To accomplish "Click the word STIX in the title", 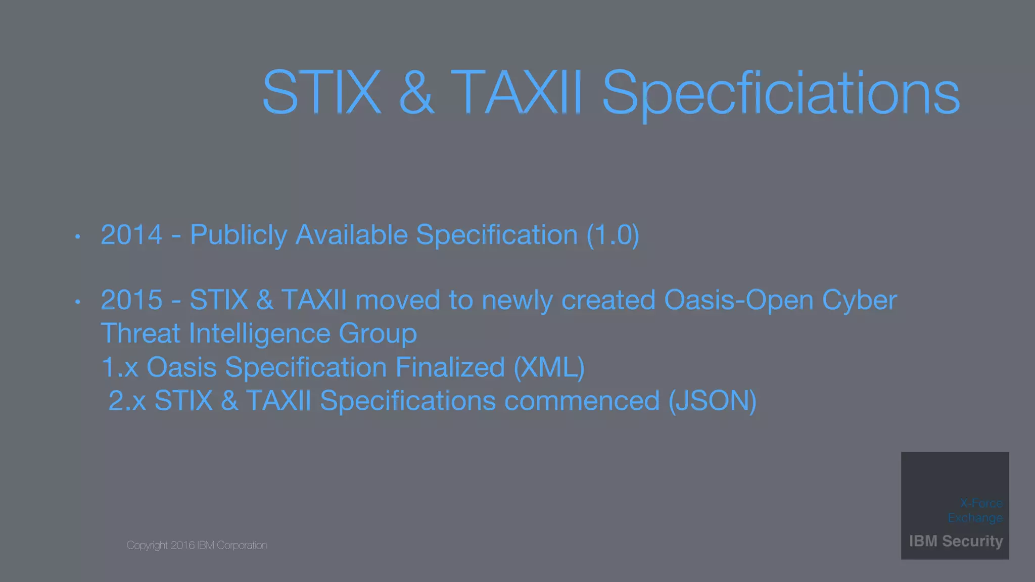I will point(321,93).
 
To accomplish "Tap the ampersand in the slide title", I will point(416,93).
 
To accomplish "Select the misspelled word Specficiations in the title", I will point(780,93).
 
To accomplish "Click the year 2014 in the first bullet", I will point(131,235).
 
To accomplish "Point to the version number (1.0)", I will point(613,235).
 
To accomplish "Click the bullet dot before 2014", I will point(77,236).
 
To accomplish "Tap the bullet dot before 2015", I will point(77,302).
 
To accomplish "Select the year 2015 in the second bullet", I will point(131,300).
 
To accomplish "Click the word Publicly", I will point(238,235).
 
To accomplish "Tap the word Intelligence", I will point(259,334).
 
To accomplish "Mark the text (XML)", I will point(549,367).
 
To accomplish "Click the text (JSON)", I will point(712,401).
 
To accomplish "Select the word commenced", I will point(582,401).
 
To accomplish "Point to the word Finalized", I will point(450,367).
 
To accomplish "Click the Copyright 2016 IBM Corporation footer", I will point(197,545).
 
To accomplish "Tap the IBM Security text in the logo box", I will point(956,541).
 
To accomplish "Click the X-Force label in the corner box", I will point(981,503).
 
